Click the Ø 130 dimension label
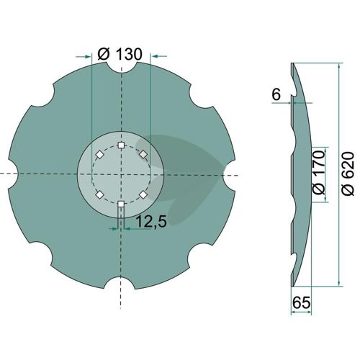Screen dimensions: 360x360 [120, 54]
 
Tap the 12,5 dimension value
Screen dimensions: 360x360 [151, 221]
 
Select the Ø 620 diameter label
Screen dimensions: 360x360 [348, 174]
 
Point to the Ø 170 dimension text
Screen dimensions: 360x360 [319, 172]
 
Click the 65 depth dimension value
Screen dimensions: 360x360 [302, 302]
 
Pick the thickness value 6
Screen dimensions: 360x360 [276, 95]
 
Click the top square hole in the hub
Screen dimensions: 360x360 [121, 145]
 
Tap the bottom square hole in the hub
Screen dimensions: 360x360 [121, 204]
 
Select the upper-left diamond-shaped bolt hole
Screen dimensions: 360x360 [99, 155]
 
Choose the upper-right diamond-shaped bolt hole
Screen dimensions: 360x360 [143, 154]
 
